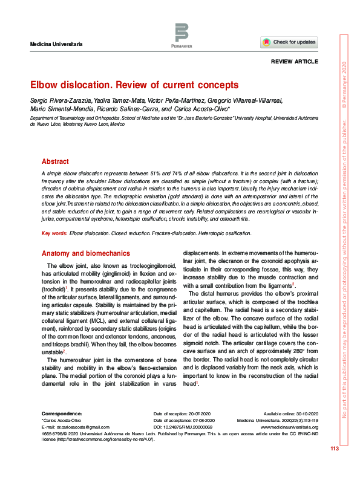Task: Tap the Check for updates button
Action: [x=289, y=42]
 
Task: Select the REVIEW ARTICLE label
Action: [x=296, y=62]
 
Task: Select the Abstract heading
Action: [x=55, y=161]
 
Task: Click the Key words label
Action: [x=54, y=233]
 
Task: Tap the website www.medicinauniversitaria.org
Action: [x=293, y=427]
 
